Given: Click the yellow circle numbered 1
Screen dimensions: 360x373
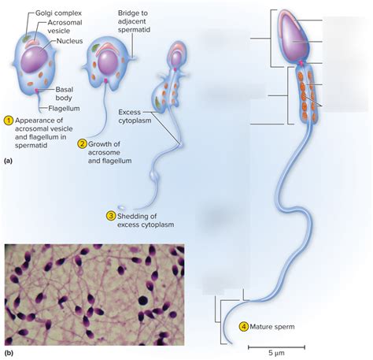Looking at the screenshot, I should tap(9, 121).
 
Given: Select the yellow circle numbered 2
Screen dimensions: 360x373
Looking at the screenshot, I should tap(82, 143).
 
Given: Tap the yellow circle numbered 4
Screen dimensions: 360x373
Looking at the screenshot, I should tap(243, 326).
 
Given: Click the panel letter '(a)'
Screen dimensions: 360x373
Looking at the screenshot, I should tap(9, 159).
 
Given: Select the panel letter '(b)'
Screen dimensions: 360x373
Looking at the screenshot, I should tap(9, 353).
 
